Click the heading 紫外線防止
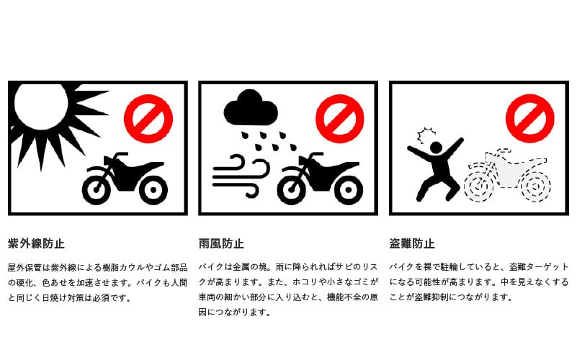tap(36, 243)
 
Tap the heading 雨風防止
tap(221, 243)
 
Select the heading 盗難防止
tap(412, 243)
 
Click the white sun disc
tap(40, 107)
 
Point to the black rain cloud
tap(251, 109)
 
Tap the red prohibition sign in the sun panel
tap(148, 118)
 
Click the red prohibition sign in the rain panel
tap(340, 118)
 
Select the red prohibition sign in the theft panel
tap(530, 118)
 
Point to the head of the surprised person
tap(436, 148)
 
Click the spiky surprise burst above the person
tap(426, 135)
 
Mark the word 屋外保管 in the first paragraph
tap(24, 268)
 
